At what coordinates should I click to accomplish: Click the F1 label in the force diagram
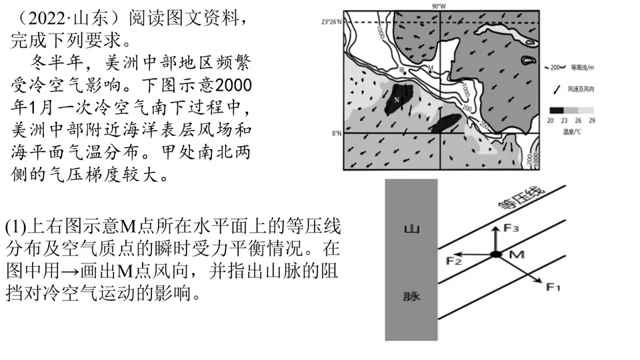[553, 287]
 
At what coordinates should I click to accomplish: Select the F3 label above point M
[511, 228]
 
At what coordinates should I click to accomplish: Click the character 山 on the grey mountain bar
[411, 229]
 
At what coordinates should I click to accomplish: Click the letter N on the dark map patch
[397, 100]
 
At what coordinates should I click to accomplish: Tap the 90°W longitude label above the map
[438, 5]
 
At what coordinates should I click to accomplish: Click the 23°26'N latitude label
[331, 22]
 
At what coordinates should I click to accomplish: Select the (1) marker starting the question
[15, 227]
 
